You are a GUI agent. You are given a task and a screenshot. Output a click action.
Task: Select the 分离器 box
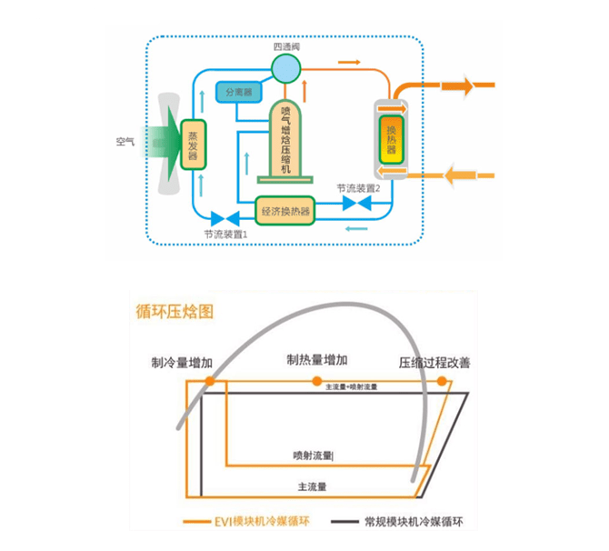[x=236, y=92]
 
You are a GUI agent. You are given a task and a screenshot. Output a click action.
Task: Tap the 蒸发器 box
[x=192, y=145]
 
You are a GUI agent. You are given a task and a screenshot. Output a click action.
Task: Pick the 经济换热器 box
[x=285, y=211]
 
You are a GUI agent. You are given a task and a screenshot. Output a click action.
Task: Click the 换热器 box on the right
[x=392, y=140]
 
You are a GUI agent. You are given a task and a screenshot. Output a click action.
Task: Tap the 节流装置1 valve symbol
[x=224, y=218]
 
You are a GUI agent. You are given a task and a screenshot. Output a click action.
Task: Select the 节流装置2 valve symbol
[x=357, y=205]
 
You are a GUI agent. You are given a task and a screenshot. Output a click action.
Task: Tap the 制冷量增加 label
[x=182, y=363]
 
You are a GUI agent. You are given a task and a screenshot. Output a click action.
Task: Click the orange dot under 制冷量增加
[x=210, y=382]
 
